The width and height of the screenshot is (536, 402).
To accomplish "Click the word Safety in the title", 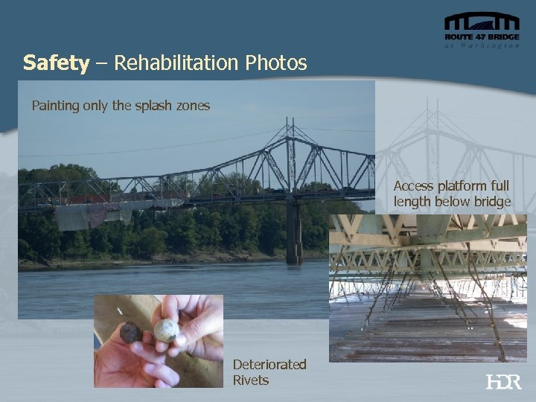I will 56,63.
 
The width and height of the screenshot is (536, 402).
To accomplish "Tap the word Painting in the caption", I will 54,106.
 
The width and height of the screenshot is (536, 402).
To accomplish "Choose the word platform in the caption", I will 460,186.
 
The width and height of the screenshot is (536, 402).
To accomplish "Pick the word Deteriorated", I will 269,365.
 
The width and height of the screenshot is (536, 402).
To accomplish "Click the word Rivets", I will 251,380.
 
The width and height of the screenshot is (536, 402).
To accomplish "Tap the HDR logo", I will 503,381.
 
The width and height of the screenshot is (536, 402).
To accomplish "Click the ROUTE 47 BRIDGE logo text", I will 482,36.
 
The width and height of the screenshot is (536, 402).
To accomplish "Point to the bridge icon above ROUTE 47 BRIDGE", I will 482,22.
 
